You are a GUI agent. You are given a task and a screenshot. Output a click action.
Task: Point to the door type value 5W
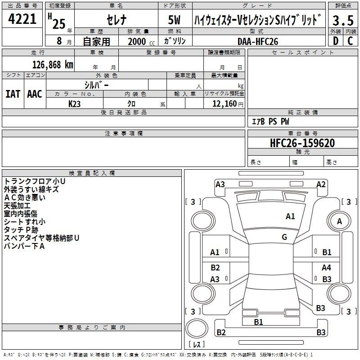point(175,20)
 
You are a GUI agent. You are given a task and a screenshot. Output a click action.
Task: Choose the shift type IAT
point(13,94)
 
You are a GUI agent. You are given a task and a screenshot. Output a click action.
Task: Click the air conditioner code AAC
point(34,94)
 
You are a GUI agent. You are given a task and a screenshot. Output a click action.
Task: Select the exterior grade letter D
point(335,41)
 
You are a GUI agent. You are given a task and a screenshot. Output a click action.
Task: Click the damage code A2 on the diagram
point(321,184)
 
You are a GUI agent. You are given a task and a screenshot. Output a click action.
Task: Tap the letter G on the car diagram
point(284,237)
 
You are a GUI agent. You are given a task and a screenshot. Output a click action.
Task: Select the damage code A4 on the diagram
point(326,267)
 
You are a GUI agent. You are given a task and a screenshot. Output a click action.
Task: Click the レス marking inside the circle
point(197,345)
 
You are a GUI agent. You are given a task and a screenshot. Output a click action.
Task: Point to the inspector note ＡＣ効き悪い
point(24,197)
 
